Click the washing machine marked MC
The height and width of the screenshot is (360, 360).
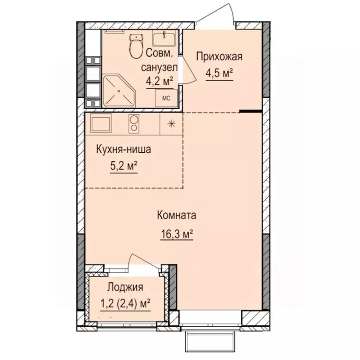[x=166, y=97]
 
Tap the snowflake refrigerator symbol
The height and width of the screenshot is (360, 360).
[x=172, y=124]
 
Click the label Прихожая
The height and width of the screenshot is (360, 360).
[x=219, y=58]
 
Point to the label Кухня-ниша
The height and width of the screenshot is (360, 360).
[x=123, y=150]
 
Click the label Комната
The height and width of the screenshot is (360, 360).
[x=176, y=216]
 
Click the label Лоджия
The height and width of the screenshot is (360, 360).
[x=125, y=287]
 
